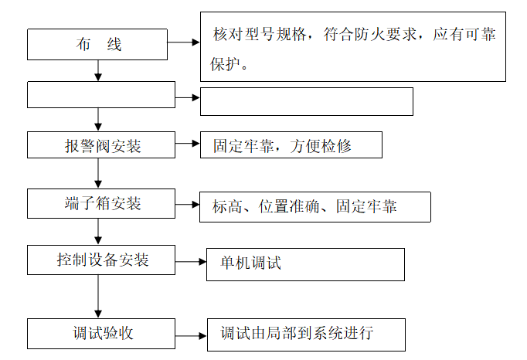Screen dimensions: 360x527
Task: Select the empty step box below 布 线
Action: click(x=101, y=95)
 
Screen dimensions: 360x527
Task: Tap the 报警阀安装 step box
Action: click(x=101, y=145)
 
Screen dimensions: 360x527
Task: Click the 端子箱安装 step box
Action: click(x=101, y=204)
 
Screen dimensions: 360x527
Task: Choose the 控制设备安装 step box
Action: click(x=101, y=260)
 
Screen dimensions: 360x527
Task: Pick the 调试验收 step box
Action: click(x=101, y=333)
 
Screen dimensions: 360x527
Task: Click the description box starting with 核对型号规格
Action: click(x=353, y=46)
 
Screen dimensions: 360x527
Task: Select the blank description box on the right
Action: click(x=306, y=101)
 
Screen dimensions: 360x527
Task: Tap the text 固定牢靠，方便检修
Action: click(x=280, y=146)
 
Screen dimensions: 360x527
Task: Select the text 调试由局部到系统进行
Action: click(x=297, y=334)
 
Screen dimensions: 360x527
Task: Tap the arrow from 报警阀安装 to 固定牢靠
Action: click(x=187, y=144)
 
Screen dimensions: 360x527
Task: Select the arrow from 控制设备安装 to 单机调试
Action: click(x=190, y=263)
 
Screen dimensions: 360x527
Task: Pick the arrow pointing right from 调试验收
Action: click(x=190, y=335)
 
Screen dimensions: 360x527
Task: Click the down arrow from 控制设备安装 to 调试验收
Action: click(x=98, y=295)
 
